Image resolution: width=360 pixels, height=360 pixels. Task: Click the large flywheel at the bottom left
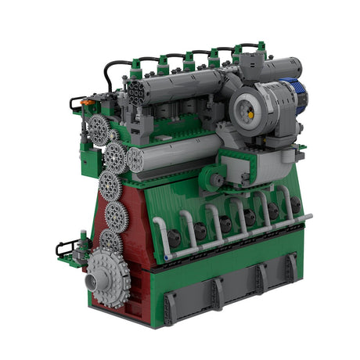click(109, 276)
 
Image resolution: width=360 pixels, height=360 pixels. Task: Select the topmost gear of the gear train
click(99, 130)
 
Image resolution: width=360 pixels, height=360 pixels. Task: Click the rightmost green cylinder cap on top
click(238, 52)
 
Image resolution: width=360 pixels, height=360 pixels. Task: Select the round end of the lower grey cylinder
click(135, 160)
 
